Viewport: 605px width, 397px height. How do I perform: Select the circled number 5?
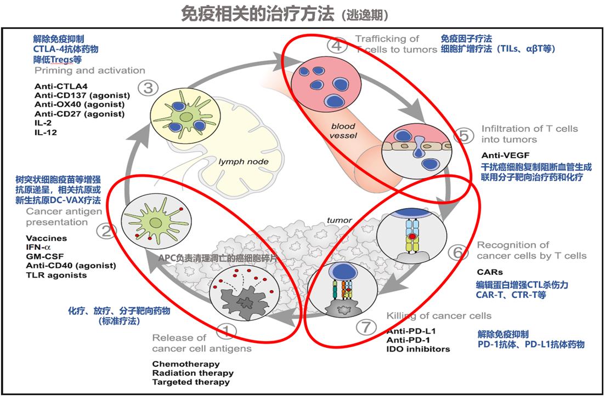464,135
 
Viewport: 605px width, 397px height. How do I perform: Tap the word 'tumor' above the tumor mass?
338,220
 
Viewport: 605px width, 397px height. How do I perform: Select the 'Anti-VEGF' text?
502,155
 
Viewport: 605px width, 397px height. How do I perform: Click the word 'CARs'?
490,272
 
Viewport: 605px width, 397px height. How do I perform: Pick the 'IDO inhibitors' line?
418,349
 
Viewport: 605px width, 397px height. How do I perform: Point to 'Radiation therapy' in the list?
193,373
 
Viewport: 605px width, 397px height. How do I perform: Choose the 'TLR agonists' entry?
56,275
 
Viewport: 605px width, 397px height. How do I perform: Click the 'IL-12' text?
46,132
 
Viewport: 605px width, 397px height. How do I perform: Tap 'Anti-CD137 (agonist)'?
79,95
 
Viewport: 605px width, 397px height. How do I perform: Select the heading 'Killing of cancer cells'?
439,315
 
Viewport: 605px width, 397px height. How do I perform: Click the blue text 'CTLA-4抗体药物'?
66,49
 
